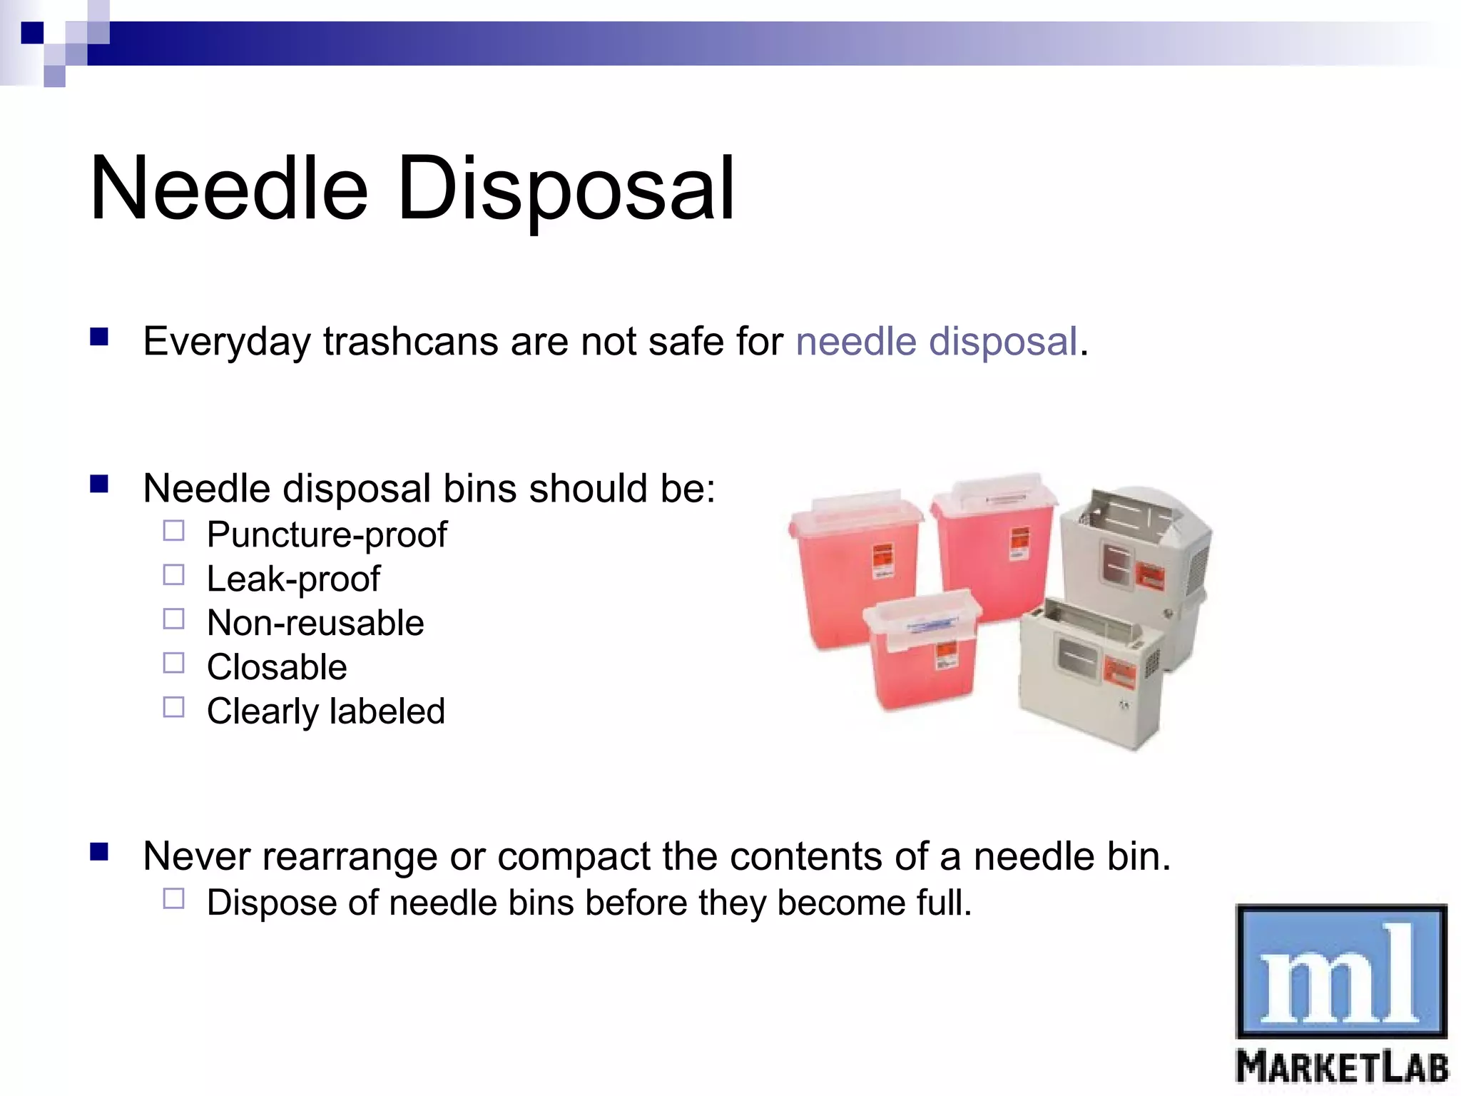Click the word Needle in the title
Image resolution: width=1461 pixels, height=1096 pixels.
(x=229, y=189)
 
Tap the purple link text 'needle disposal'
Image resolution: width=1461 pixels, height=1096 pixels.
(x=936, y=341)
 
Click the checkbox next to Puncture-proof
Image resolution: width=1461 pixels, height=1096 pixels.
(x=173, y=531)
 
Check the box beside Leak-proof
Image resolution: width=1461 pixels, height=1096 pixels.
(x=173, y=575)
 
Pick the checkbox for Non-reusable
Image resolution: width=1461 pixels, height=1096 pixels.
(x=173, y=619)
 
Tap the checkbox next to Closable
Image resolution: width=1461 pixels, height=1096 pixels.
(x=173, y=664)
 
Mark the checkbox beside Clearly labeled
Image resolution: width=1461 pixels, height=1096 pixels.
(x=173, y=708)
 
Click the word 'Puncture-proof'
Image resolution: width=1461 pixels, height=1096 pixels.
(x=327, y=534)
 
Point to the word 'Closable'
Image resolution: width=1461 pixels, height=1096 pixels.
(x=277, y=667)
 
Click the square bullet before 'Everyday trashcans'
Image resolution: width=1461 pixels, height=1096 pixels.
(x=99, y=337)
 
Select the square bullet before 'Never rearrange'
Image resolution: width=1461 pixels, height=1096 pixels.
(x=99, y=852)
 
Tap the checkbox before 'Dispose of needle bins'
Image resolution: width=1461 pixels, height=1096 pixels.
(x=173, y=898)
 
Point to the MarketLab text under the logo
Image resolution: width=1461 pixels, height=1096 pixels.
(x=1341, y=1068)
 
